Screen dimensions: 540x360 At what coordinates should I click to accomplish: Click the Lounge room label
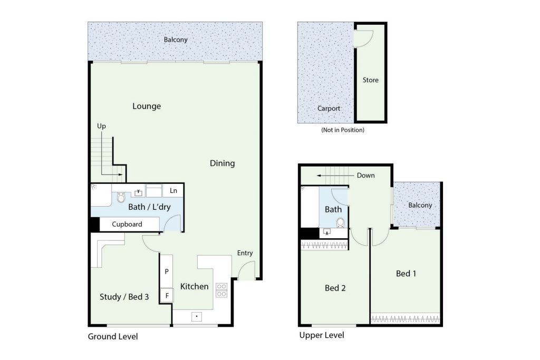tap(147, 106)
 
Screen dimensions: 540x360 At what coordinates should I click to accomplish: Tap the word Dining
tap(223, 163)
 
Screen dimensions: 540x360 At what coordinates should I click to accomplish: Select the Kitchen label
tap(194, 286)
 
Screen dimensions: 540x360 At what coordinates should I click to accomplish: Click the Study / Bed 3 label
tap(124, 297)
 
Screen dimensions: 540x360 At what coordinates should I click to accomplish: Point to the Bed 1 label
tap(406, 274)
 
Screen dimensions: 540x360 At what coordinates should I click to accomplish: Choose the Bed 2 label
tap(335, 288)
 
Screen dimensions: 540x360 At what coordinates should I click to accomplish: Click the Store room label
tap(371, 80)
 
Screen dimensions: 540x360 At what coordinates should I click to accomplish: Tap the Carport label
tap(329, 109)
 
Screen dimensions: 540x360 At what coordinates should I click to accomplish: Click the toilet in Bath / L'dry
tap(121, 197)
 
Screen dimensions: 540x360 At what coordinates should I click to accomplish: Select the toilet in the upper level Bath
tap(341, 222)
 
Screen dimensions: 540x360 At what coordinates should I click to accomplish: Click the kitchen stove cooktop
tap(221, 290)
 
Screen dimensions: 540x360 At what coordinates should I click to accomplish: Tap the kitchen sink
tap(197, 317)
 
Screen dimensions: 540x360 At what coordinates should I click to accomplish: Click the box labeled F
tap(167, 296)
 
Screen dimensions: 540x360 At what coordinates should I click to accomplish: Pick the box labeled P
tap(167, 271)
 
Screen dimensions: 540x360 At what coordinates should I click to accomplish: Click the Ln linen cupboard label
tap(173, 191)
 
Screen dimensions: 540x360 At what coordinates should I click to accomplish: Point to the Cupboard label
tap(127, 225)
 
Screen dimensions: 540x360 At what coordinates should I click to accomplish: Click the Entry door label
tap(245, 254)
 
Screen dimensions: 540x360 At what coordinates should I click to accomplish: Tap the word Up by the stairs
tap(101, 127)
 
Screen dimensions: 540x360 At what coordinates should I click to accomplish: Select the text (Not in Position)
tap(343, 130)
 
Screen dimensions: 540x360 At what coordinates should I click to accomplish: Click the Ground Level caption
tap(113, 337)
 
